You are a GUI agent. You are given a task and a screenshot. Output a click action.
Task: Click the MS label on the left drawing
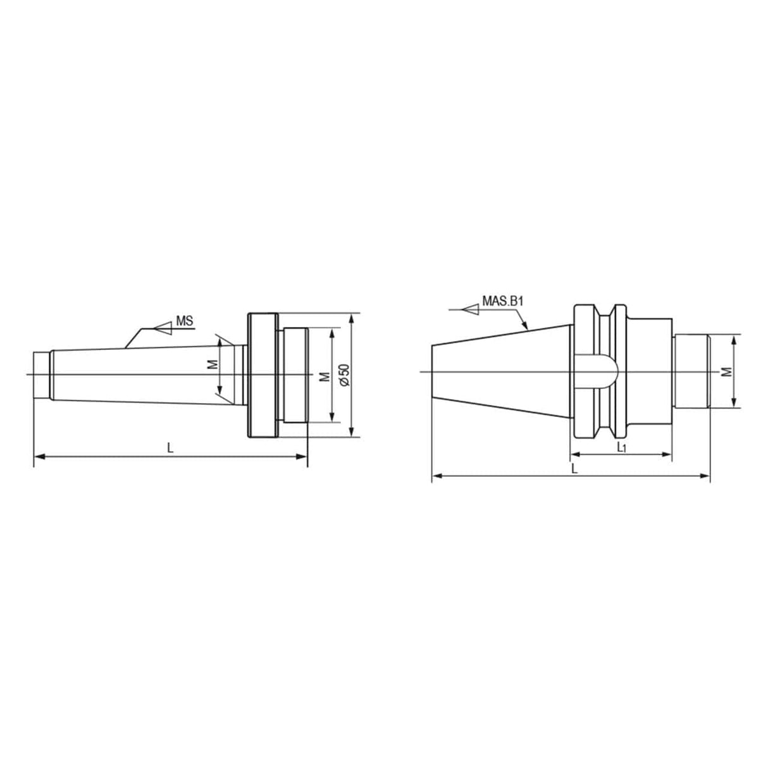pos(184,321)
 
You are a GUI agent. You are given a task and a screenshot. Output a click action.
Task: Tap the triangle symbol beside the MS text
pos(164,328)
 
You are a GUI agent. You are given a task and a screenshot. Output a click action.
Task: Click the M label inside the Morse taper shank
pos(213,365)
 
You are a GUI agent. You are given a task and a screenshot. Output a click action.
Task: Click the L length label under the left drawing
pos(170,447)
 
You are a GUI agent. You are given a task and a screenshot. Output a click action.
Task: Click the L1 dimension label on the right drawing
pos(621,447)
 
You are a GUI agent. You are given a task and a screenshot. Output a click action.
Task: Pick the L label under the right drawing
pos(573,469)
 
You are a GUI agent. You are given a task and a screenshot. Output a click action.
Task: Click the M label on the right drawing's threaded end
pos(727,371)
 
